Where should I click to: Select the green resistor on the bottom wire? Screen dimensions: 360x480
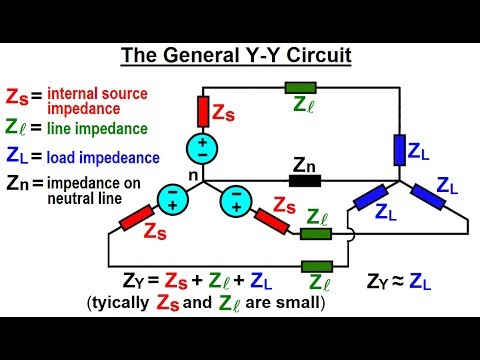click(x=315, y=267)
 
